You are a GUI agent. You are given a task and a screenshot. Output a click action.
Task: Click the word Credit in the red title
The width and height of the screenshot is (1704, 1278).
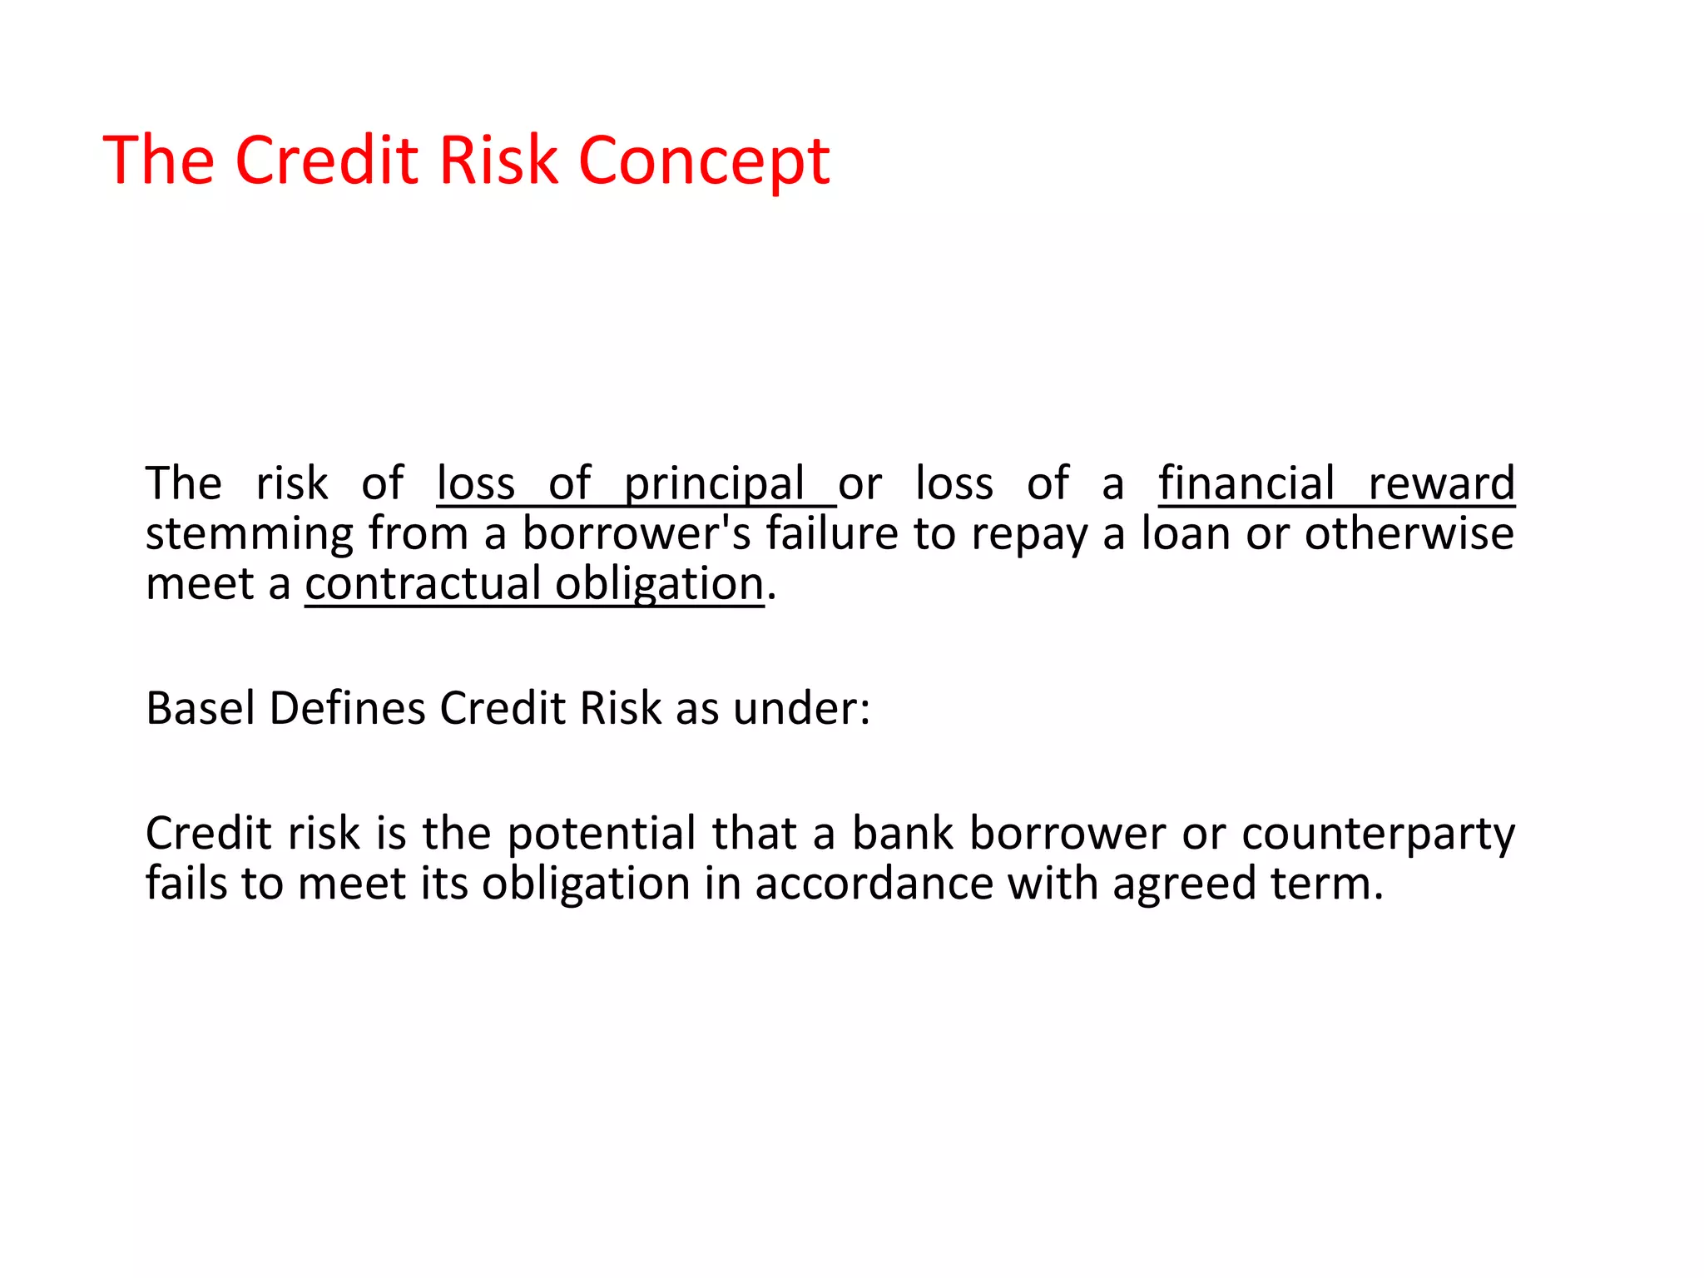click(x=328, y=160)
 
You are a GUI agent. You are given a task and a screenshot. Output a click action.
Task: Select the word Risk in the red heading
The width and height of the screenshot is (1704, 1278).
click(x=498, y=160)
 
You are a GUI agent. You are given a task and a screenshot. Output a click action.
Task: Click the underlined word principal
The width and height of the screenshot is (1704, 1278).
click(x=714, y=484)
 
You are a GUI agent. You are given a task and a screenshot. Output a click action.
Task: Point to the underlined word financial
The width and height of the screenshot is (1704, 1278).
click(x=1246, y=484)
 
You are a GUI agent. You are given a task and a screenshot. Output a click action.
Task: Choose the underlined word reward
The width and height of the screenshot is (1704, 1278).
click(x=1441, y=484)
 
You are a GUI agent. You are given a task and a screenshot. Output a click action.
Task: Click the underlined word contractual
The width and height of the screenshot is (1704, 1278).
click(x=423, y=583)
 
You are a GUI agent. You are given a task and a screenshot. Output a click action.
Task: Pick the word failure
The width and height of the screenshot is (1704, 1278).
click(x=831, y=533)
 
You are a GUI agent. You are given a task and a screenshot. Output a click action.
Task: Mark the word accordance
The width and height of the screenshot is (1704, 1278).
click(x=874, y=884)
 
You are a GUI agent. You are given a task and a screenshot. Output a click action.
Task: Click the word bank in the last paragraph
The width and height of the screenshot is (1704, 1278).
click(x=903, y=834)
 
